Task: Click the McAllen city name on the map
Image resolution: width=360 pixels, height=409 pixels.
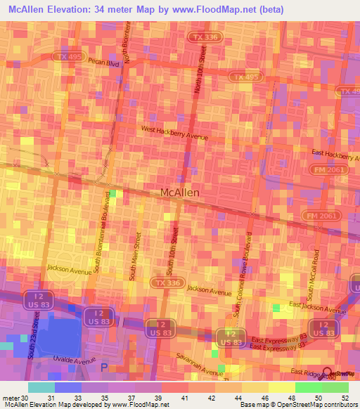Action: (180, 192)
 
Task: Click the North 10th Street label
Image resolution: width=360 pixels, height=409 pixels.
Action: (202, 70)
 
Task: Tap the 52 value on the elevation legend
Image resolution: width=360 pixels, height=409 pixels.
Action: (344, 398)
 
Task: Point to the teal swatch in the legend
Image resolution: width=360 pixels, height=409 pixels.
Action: (41, 387)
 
